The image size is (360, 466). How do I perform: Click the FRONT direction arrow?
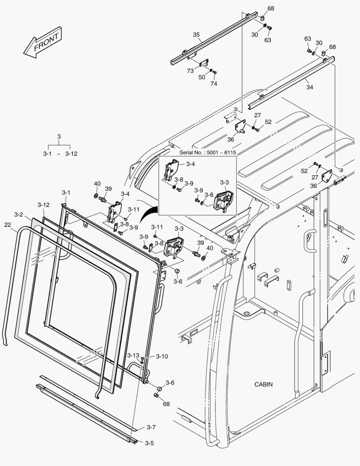coord(43,42)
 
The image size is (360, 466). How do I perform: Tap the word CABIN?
coord(263,384)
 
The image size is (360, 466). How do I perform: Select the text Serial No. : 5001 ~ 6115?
coord(208,153)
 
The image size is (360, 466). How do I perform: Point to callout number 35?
coord(196,35)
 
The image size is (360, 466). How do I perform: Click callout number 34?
coord(310,87)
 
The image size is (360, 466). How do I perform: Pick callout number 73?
coord(190,71)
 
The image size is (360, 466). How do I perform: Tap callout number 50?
coord(202,77)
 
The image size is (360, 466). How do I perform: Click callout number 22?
coord(8,224)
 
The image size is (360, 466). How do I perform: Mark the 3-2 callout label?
coord(18,214)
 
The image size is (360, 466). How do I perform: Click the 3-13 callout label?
coord(133,355)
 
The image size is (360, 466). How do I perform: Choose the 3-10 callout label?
coord(162,356)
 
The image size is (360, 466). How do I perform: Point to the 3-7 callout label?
coord(151,427)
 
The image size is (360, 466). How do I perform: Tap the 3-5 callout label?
coord(149,443)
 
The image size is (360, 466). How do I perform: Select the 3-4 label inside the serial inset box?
coord(191,164)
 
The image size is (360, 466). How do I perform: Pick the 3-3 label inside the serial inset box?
coord(224,183)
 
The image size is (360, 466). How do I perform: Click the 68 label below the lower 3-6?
coord(166,404)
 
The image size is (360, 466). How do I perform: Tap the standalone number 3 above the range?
coord(59,137)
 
